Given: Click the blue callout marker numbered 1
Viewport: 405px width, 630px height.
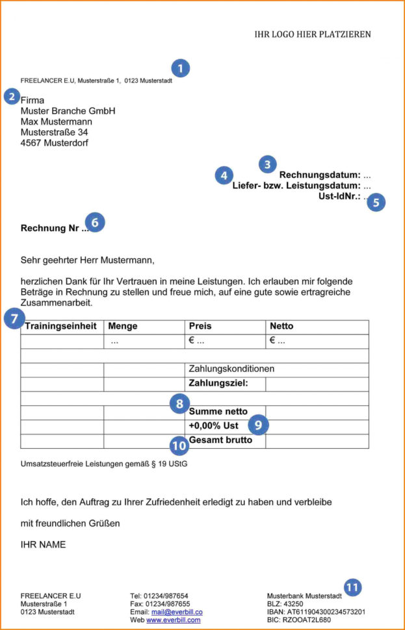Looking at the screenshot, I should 180,68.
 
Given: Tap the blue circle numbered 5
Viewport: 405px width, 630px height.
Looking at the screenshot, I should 376,202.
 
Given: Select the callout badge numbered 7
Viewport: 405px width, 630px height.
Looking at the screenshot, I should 14,318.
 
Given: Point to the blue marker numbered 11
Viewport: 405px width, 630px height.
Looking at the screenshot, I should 352,588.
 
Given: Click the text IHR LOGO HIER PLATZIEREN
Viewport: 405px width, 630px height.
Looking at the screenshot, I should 313,34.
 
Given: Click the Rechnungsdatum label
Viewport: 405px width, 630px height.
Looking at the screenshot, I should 319,175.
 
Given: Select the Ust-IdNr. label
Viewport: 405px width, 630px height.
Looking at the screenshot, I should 339,196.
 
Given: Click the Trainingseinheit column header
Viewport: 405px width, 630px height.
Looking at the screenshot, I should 60,326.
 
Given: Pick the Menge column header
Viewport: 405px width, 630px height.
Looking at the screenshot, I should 123,326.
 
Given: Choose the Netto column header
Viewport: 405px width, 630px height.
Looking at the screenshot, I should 281,326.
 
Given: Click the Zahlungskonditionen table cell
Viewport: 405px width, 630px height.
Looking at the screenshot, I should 231,369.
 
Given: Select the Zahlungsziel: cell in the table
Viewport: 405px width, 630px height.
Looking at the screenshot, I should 218,383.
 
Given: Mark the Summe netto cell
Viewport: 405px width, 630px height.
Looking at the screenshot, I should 218,412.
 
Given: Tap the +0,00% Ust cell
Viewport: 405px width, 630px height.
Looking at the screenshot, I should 213,426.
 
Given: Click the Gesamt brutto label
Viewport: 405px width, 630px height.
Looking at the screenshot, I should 220,440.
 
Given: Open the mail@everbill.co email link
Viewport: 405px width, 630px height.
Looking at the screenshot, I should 177,612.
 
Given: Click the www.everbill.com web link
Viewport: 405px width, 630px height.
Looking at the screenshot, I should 173,620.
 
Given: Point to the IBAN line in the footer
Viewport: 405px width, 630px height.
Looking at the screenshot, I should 316,612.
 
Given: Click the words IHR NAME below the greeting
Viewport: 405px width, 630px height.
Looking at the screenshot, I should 43,545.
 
